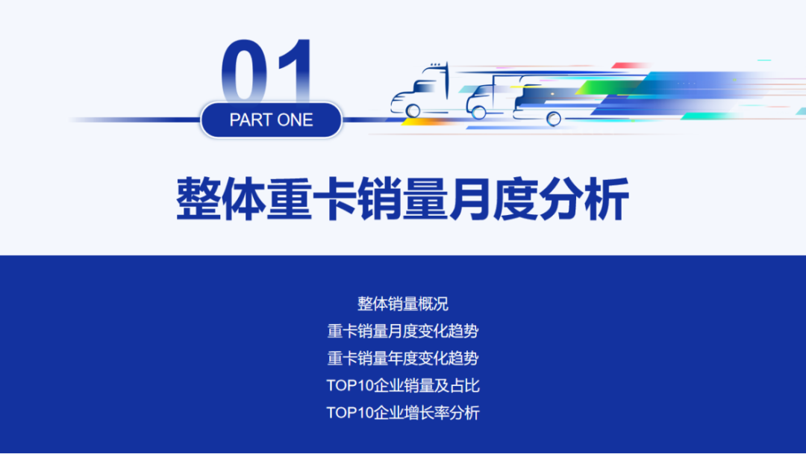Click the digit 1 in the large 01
tap(298, 73)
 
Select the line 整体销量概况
tap(403, 304)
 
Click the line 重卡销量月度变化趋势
tap(403, 331)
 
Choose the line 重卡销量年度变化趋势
tap(403, 358)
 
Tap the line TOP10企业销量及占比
tap(403, 385)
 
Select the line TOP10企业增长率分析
tap(403, 413)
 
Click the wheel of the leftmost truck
tap(413, 111)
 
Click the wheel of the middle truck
tap(478, 112)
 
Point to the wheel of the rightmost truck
tap(553, 118)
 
